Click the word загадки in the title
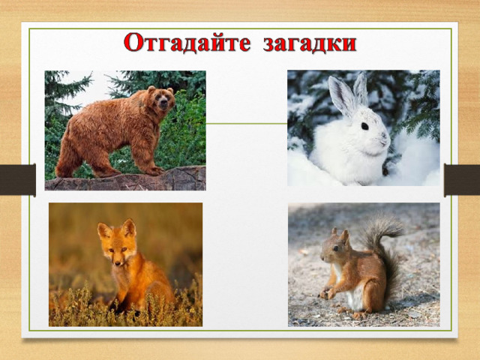coord(310,43)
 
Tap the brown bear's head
coord(161,98)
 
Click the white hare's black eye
coord(364,126)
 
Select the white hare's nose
coord(384,135)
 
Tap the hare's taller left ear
coord(341,95)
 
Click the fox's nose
coord(118,262)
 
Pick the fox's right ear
coord(129,228)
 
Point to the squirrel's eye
coord(335,248)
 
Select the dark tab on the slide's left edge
coord(18,180)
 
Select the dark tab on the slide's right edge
coord(462,180)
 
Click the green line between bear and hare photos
coord(247,124)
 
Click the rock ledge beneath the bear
coord(125,179)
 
